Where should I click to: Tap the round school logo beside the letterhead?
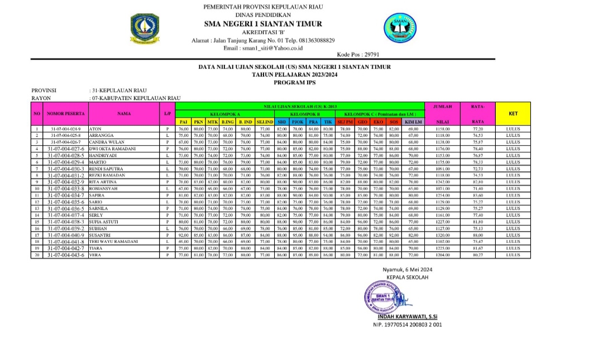tap(400, 28)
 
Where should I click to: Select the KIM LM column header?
tap(413, 122)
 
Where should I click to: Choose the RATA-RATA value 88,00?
tap(477, 236)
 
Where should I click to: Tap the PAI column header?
tap(183, 122)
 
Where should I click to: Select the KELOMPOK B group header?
tap(304, 113)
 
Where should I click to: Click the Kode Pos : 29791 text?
tap(358, 55)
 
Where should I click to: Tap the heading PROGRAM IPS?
tap(294, 83)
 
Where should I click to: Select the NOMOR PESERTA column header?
tap(65, 113)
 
